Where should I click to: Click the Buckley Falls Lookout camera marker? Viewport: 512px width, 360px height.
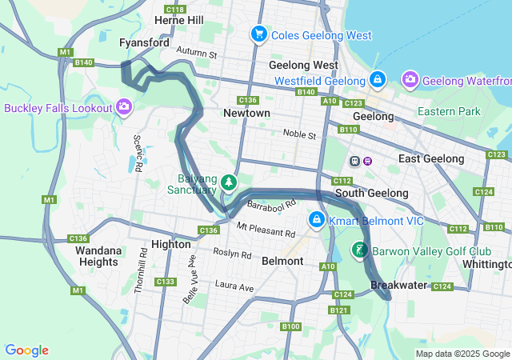click(x=124, y=106)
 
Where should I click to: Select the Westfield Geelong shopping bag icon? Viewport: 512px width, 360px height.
click(x=378, y=80)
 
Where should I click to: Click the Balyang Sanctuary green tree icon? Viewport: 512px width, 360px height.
click(x=230, y=183)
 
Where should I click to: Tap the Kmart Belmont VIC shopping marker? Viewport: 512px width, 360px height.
click(x=317, y=218)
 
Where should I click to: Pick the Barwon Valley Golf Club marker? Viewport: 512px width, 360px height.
click(x=360, y=250)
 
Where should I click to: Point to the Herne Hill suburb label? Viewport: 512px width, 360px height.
click(x=179, y=20)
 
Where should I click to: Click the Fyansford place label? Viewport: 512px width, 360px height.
click(x=143, y=42)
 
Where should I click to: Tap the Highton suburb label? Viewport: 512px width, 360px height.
click(x=170, y=245)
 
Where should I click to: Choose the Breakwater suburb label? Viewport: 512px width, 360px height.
click(x=395, y=286)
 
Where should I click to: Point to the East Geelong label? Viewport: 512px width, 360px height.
click(x=430, y=159)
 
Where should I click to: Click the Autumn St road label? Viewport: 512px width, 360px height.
click(x=197, y=54)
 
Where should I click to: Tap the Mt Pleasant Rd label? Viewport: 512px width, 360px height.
click(x=266, y=230)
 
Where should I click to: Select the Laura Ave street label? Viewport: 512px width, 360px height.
click(x=234, y=286)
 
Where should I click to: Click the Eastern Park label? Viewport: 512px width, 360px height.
click(x=449, y=111)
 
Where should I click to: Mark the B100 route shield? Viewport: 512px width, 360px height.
click(x=290, y=326)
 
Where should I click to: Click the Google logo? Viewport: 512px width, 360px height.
click(x=26, y=350)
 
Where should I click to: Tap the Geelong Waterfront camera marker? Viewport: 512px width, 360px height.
click(x=410, y=79)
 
